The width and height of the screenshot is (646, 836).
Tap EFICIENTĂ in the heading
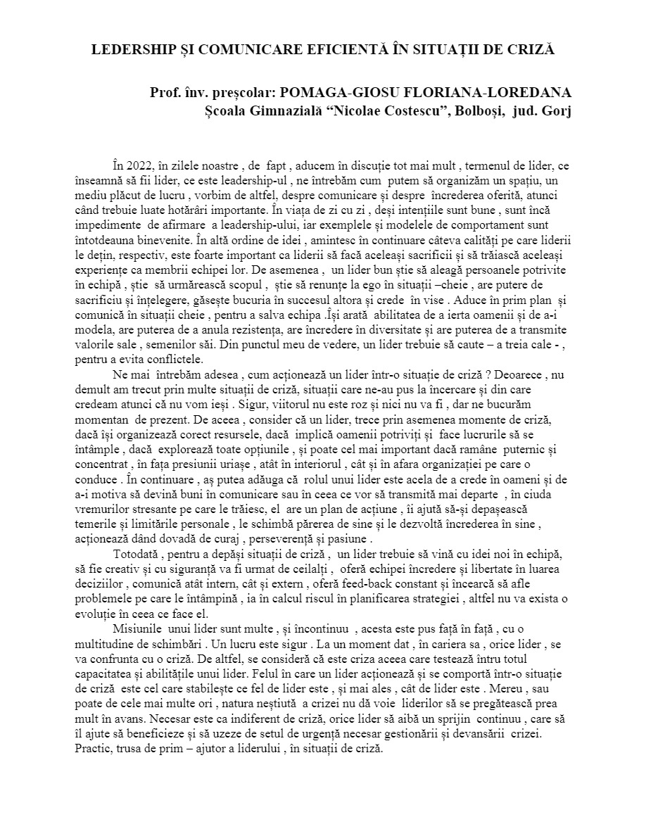(329, 51)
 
